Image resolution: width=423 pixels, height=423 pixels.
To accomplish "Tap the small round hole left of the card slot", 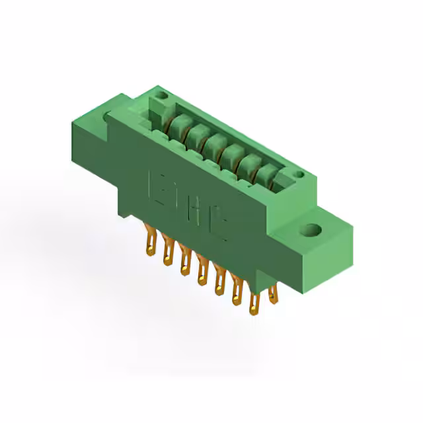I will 161,102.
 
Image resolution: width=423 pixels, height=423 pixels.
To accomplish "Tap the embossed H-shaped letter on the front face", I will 193,211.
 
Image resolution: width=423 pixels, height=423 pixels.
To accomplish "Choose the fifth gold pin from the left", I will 219,279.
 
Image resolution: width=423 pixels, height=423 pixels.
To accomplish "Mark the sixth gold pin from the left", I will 237,289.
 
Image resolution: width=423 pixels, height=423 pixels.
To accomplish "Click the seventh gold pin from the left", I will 254,299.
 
